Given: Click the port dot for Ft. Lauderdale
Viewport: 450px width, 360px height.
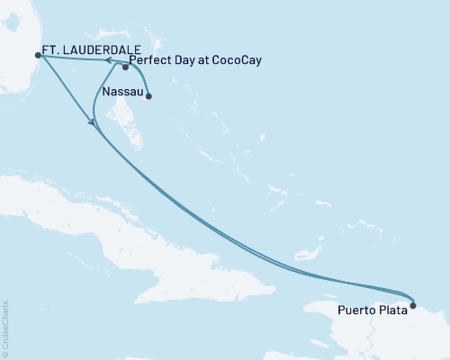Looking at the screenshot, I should tap(37, 55).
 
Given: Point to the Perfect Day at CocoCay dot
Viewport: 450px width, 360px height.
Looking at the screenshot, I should tap(126, 67).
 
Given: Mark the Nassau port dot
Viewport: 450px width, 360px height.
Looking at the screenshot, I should tap(148, 96).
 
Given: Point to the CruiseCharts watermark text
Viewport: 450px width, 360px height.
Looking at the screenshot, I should tap(5, 328).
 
